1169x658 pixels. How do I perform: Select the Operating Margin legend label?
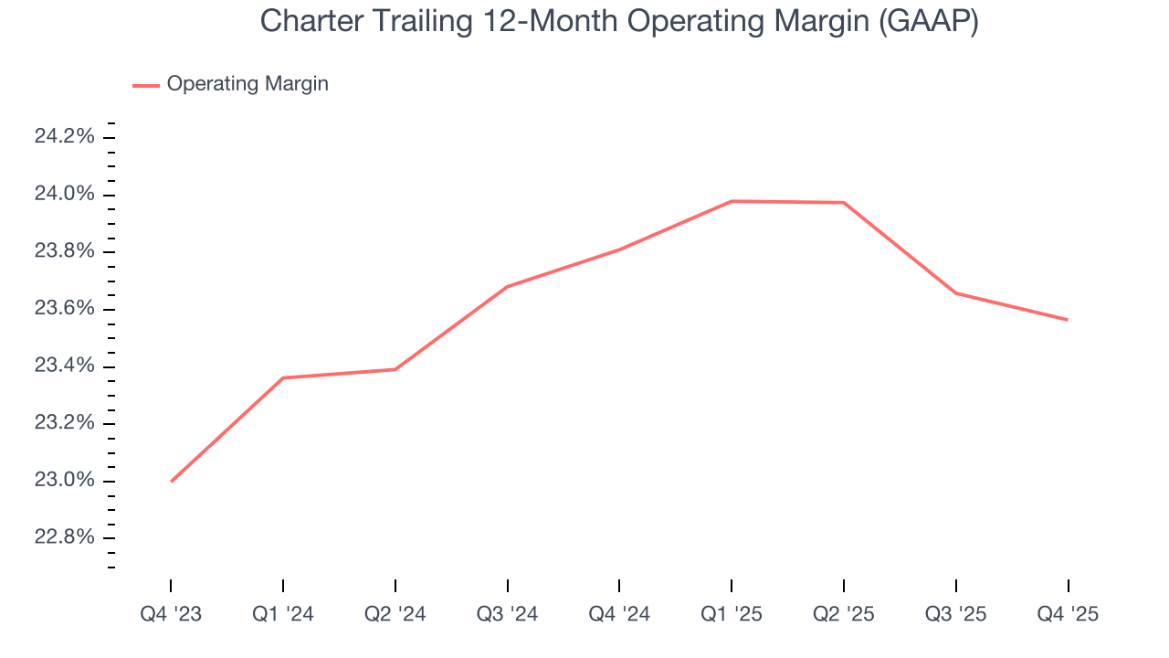(x=247, y=84)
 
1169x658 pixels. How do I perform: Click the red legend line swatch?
(x=146, y=85)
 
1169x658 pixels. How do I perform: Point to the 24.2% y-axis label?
(x=64, y=137)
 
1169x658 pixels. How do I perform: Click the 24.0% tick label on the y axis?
(x=64, y=195)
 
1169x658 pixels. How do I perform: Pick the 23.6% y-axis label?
(x=64, y=309)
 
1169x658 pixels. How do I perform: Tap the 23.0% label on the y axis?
(x=64, y=481)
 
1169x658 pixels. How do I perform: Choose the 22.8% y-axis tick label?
(x=64, y=537)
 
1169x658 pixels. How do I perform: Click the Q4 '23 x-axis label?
(x=171, y=614)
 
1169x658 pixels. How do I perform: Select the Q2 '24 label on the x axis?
(x=395, y=614)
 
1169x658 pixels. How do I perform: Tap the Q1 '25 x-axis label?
(x=732, y=614)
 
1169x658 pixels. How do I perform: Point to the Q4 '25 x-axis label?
(x=1068, y=614)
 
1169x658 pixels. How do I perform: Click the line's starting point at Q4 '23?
(x=171, y=482)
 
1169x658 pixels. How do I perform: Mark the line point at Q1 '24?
(x=283, y=377)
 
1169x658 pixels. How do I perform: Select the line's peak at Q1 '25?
(x=732, y=201)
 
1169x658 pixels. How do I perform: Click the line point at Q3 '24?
(x=507, y=286)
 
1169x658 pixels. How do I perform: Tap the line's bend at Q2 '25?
(x=844, y=202)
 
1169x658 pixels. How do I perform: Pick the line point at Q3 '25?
(x=955, y=292)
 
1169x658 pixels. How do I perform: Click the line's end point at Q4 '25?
(x=1068, y=320)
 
